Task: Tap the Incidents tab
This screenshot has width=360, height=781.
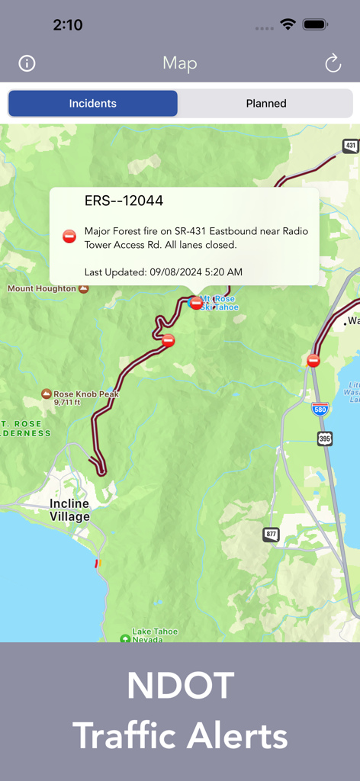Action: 93,104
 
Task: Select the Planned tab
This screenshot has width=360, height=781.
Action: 265,104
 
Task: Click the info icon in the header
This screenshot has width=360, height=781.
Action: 27,63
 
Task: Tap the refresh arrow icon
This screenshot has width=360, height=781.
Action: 333,63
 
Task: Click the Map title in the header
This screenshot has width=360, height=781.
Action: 180,63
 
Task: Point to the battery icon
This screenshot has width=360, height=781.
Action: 315,24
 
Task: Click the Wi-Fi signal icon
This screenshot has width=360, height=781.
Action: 288,24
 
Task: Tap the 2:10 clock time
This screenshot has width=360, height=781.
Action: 68,24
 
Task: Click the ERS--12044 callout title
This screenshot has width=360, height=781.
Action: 124,201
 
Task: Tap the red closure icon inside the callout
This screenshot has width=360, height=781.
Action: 69,236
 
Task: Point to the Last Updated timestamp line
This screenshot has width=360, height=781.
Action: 163,272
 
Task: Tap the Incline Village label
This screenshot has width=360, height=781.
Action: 69,509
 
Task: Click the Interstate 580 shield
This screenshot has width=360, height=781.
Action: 320,409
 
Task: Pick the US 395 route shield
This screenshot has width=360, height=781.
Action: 325,438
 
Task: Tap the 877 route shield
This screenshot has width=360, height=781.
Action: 272,535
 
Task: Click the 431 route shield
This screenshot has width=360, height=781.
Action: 350,145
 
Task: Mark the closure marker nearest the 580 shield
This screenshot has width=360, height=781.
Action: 313,360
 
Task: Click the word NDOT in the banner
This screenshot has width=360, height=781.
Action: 180,686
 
